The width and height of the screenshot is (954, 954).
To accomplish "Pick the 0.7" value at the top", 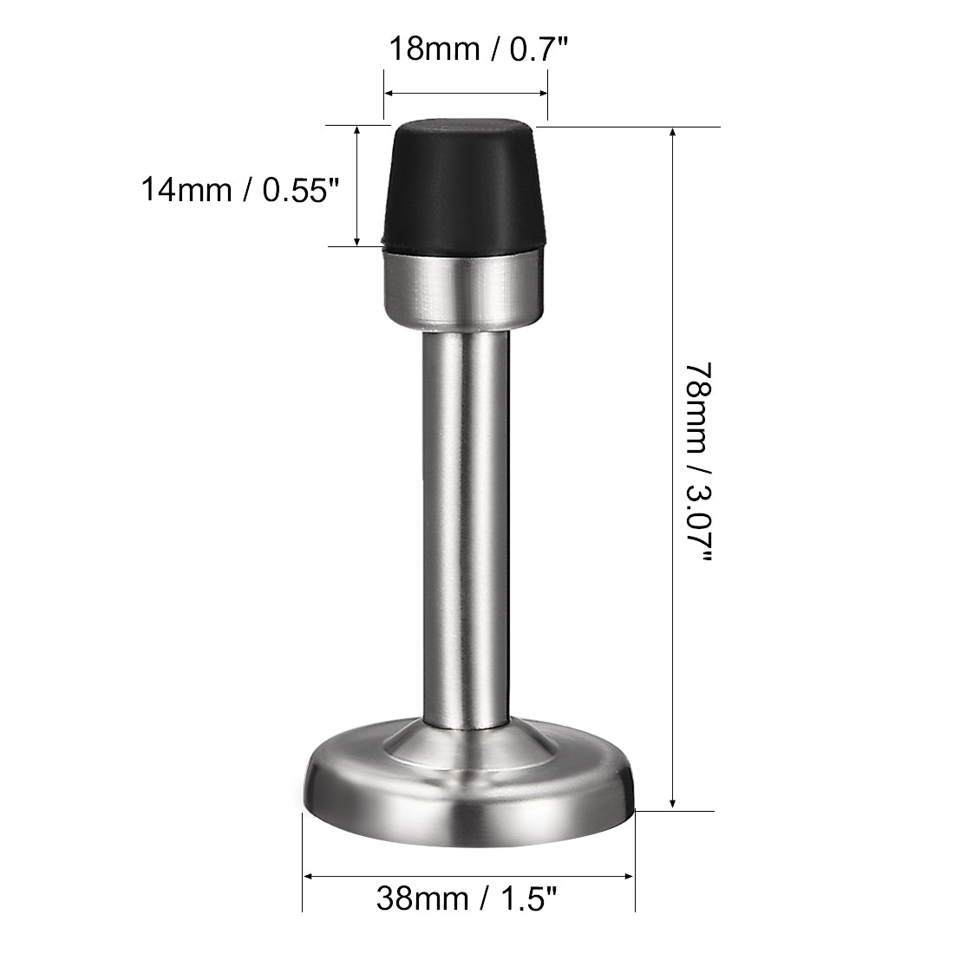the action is pos(538,49).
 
